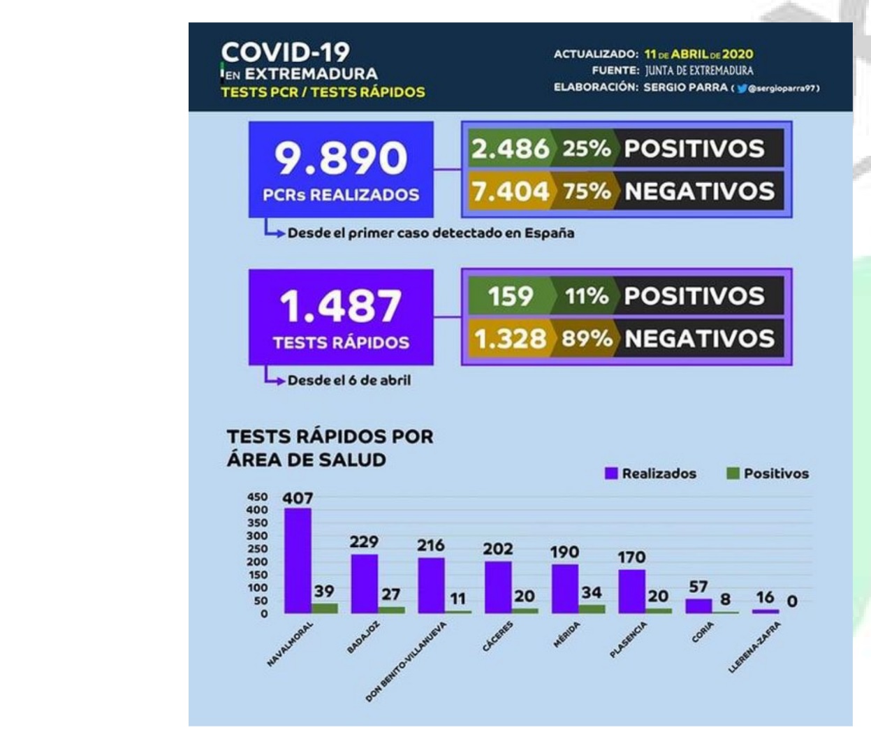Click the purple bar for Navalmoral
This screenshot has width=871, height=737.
point(298,560)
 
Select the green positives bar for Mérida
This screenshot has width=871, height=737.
point(592,608)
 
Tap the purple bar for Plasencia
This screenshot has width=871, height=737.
point(631,591)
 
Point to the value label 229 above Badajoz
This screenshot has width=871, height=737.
point(364,541)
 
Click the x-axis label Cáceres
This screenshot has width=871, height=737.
point(498,636)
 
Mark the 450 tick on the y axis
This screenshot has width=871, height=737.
point(257,497)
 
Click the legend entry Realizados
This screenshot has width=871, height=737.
point(650,474)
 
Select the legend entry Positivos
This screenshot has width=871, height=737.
point(768,474)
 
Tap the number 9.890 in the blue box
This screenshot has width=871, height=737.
point(341,158)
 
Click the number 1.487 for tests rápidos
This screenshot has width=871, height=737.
point(341,306)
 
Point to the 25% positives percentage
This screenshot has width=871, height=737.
point(587,148)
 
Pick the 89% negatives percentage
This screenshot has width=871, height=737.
point(587,339)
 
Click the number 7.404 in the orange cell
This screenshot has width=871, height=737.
point(510,191)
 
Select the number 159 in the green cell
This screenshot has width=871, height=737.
point(510,296)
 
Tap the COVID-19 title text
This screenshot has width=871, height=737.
point(285,52)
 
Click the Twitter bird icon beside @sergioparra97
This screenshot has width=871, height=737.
point(742,89)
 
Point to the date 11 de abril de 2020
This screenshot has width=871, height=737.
point(698,54)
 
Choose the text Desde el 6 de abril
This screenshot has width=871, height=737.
point(349,381)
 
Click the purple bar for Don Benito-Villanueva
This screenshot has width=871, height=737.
point(431,585)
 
